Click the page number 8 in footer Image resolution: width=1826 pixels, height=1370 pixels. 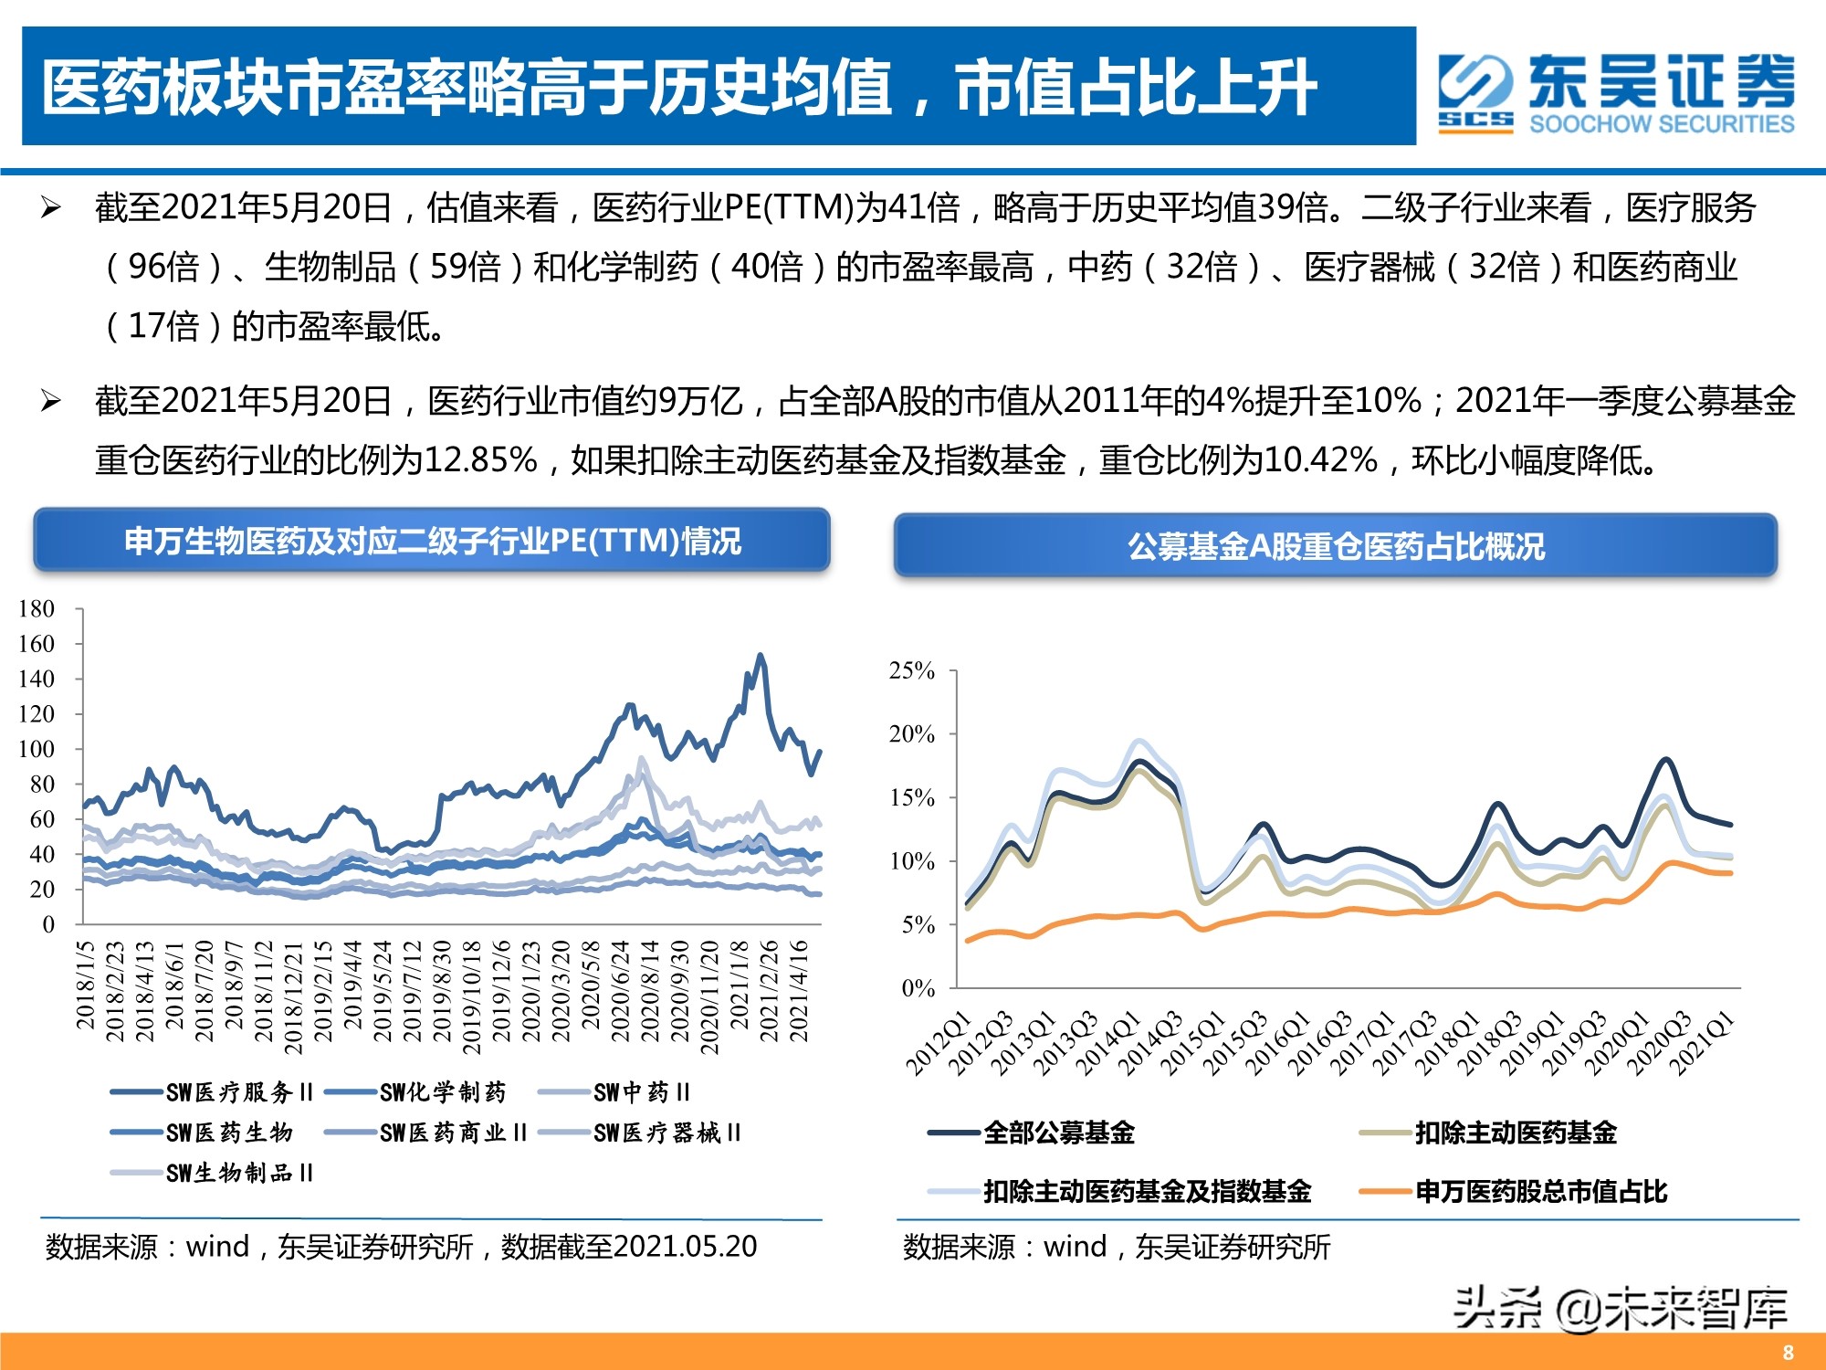(x=1788, y=1353)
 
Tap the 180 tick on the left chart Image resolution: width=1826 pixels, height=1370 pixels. (x=37, y=608)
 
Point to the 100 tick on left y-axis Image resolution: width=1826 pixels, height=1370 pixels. (x=37, y=749)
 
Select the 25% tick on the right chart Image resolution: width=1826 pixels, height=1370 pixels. (x=912, y=670)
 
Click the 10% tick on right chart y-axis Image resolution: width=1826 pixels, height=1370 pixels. (x=912, y=860)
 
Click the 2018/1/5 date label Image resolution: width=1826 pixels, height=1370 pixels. (x=85, y=985)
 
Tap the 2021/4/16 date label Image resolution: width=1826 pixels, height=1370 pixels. (x=799, y=991)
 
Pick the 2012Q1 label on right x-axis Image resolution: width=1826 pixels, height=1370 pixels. (x=938, y=1043)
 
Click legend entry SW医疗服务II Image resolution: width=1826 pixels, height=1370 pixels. (x=239, y=1092)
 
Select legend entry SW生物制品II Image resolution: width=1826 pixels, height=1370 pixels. (x=239, y=1173)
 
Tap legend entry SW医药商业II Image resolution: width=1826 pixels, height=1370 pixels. (x=453, y=1133)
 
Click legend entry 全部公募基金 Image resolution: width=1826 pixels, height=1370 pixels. (x=1059, y=1133)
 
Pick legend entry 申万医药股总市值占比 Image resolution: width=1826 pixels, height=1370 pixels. (x=1541, y=1191)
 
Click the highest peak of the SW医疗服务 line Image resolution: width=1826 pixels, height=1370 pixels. (x=760, y=656)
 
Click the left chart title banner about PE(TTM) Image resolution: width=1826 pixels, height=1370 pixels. (x=432, y=541)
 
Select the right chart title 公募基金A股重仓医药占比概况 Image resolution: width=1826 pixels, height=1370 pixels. (x=1335, y=546)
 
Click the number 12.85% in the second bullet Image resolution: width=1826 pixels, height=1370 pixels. (x=480, y=459)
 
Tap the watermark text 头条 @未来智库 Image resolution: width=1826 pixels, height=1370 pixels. (x=1620, y=1308)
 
